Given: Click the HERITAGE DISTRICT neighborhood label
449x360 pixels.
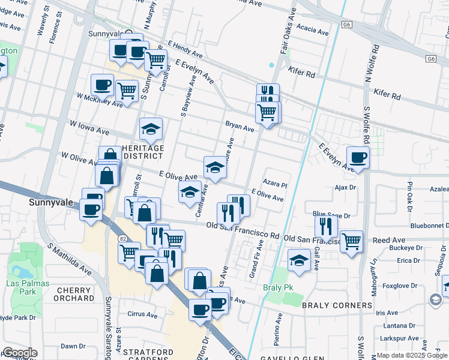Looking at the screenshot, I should [x=142, y=152].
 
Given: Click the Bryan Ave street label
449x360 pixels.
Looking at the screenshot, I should [x=240, y=127].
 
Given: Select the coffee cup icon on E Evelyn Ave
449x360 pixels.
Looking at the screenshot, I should [x=358, y=157].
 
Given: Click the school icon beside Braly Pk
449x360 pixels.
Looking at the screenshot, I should [x=298, y=260].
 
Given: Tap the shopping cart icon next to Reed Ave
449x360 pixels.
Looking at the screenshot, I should [x=351, y=241].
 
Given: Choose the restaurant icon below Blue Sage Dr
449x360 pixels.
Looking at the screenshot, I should [x=326, y=226].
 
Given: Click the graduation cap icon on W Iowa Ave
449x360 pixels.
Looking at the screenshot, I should [x=151, y=128].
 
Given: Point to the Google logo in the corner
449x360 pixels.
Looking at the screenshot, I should [x=19, y=353].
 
